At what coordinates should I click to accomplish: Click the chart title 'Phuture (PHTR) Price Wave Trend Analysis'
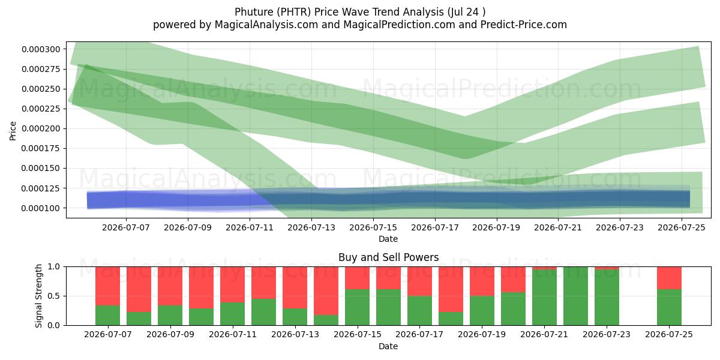click(x=339, y=12)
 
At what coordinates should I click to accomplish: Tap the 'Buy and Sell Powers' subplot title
click(x=388, y=257)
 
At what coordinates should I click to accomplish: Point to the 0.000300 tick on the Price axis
click(x=41, y=49)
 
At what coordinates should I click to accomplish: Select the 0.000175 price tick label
click(x=41, y=149)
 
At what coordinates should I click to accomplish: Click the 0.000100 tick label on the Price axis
click(x=41, y=208)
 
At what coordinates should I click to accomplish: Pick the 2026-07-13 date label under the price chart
click(x=311, y=227)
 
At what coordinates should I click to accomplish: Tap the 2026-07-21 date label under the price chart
click(x=558, y=227)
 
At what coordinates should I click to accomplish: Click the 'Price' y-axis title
click(x=13, y=131)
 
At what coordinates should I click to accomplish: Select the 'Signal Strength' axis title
click(x=38, y=296)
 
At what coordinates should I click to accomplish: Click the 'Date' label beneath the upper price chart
click(x=388, y=239)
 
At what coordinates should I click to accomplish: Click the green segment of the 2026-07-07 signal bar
click(x=107, y=316)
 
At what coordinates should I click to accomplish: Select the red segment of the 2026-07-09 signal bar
click(x=170, y=286)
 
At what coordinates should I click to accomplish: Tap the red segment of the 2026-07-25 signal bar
click(x=669, y=278)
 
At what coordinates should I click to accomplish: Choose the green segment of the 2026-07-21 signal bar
click(x=545, y=298)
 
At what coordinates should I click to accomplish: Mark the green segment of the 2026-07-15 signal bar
click(x=358, y=307)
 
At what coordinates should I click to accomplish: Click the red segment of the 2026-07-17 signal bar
click(x=420, y=281)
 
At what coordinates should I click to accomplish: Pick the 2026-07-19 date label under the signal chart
click(x=482, y=335)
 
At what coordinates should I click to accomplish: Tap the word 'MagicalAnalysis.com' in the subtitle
click(x=266, y=25)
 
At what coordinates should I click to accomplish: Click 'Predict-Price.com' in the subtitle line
click(x=524, y=25)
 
